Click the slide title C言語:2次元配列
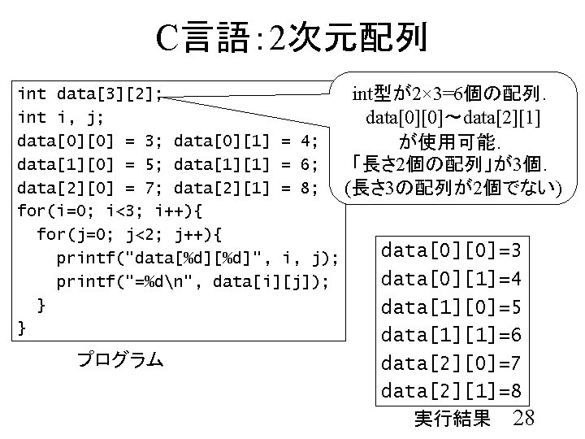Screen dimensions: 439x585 tap(292, 37)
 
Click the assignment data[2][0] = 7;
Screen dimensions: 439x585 tap(81, 189)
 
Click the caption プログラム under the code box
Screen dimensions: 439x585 tap(119, 359)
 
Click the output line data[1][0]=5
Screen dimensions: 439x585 tap(451, 306)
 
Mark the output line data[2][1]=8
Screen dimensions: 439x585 tap(451, 391)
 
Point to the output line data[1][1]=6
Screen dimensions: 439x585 tap(451, 335)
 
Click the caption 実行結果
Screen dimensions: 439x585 tap(452, 419)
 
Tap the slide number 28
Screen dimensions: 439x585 tap(525, 417)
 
